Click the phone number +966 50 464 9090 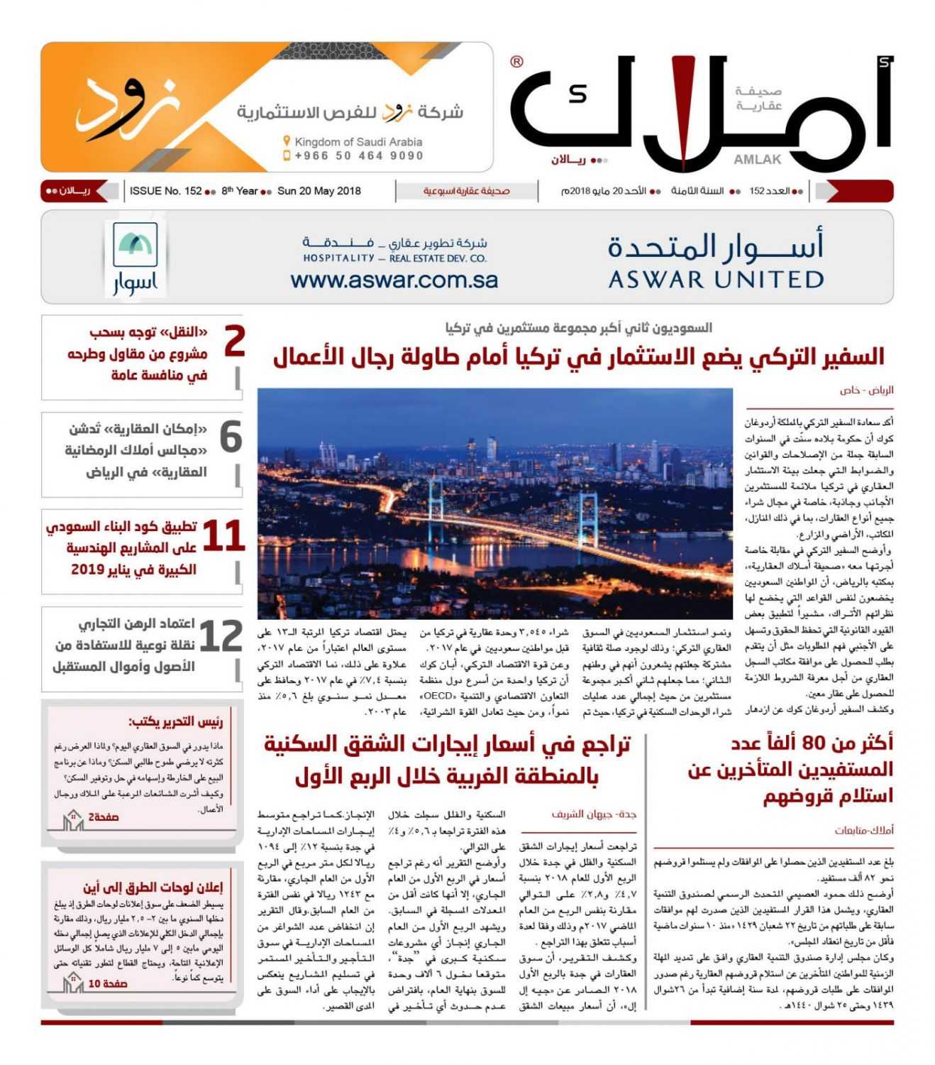[359, 156]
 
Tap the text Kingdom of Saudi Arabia [358, 142]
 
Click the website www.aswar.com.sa [394, 280]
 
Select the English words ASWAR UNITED [716, 280]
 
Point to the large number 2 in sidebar [234, 342]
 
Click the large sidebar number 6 [231, 437]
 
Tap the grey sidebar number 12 [221, 636]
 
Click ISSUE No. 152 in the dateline [166, 191]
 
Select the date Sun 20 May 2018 [319, 191]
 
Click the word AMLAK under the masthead [757, 160]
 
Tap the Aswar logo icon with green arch [135, 245]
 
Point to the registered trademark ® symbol [516, 62]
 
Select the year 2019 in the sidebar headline [87, 569]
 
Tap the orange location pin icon [287, 141]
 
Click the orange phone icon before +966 [287, 155]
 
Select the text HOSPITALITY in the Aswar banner [338, 258]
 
